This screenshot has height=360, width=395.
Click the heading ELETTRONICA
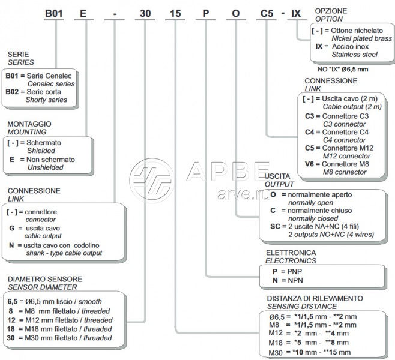291,253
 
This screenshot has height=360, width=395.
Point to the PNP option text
296,271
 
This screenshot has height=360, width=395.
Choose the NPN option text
296,280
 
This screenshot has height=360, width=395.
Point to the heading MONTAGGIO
29,123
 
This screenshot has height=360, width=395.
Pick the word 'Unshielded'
46,167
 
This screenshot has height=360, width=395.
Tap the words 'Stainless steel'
354,54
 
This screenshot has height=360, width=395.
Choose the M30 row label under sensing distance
276,352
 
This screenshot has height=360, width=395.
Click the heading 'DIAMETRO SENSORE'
46,280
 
